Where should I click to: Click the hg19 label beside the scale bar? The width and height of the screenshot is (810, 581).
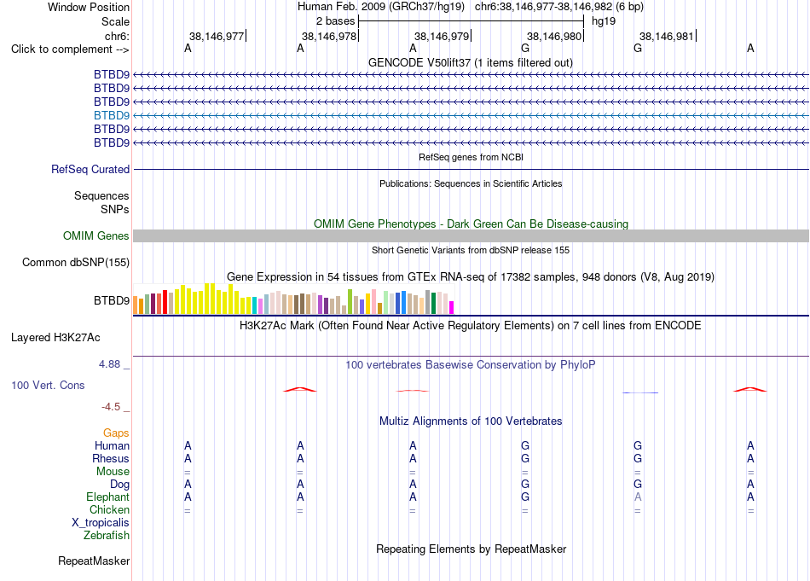604,21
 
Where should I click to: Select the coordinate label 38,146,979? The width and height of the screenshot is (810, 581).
442,36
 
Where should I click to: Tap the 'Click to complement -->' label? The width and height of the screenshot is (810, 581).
70,49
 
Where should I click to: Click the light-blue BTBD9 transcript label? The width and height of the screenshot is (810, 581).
112,115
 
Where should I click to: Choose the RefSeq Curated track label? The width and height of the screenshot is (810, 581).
90,169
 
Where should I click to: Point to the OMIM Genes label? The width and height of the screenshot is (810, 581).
96,235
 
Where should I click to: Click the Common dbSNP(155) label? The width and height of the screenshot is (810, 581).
76,262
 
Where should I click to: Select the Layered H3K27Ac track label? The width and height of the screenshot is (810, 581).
55,338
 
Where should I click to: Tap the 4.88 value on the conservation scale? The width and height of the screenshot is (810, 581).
109,364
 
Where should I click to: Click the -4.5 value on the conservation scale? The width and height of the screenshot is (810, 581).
111,407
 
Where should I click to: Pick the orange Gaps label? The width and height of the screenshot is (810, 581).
116,433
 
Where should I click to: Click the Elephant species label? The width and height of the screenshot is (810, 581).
107,497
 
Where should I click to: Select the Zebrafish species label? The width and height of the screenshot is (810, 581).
107,535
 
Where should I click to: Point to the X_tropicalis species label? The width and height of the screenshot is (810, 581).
101,523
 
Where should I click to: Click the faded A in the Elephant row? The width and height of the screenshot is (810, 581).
638,497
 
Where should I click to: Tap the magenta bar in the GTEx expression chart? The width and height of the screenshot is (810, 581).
452,307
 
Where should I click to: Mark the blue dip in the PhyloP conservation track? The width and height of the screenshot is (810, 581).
640,392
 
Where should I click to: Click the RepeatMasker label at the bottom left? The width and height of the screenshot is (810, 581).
94,561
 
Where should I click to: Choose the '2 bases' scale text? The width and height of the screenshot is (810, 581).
336,21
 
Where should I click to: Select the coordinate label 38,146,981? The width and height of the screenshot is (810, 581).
667,36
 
